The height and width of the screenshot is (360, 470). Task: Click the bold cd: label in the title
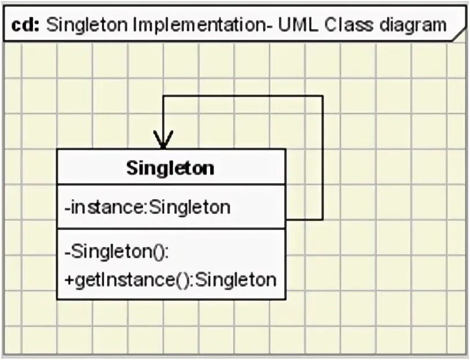point(24,25)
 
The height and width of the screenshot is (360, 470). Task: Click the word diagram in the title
point(412,25)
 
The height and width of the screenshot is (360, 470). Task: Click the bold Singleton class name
point(170,168)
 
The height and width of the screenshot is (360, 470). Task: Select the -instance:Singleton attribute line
point(148,207)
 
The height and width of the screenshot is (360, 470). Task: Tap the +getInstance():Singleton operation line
point(170,280)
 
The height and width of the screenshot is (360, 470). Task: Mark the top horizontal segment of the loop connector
point(243,96)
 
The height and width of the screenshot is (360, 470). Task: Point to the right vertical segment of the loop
point(322,156)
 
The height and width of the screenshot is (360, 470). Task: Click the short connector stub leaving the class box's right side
point(304,220)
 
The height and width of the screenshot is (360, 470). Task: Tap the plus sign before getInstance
point(68,280)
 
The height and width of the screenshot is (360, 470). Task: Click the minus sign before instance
point(68,207)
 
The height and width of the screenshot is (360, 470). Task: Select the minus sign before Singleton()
point(68,253)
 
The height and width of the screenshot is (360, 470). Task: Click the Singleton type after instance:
point(190,207)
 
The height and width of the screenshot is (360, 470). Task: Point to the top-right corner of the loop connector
point(322,96)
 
